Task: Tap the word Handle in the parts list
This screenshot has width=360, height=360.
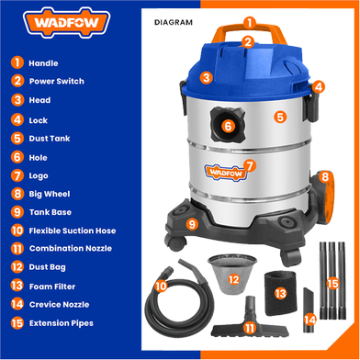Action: [x=43, y=63]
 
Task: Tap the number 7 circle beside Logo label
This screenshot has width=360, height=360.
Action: [x=17, y=174]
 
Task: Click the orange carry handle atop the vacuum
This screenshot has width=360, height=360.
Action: [x=248, y=30]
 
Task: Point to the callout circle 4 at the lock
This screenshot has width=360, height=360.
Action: [x=318, y=87]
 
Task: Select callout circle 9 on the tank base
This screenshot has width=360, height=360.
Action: [x=191, y=223]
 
